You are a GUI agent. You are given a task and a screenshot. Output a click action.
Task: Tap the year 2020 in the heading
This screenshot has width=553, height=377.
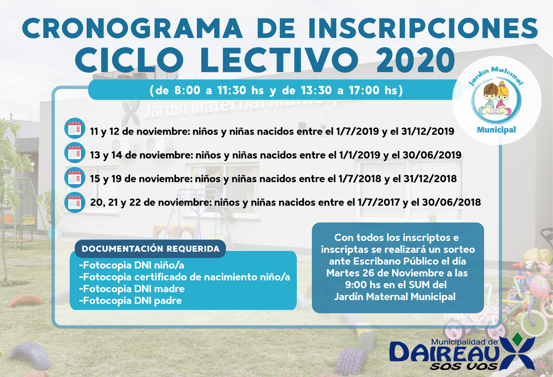[x=415, y=60]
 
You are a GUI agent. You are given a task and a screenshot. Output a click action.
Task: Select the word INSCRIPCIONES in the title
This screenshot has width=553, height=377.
[x=423, y=28]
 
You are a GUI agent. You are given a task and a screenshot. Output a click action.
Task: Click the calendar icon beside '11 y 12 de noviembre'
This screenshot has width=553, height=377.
[x=74, y=128]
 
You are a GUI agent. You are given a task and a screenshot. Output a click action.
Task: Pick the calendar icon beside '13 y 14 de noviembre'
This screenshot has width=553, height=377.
[x=74, y=153]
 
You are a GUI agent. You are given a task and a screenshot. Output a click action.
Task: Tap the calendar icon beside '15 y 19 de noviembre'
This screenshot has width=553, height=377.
[x=74, y=177]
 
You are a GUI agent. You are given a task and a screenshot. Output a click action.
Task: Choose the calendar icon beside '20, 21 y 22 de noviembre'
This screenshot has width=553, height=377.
[x=74, y=202]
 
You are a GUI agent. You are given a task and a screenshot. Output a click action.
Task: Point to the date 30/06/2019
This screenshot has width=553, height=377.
[x=432, y=155]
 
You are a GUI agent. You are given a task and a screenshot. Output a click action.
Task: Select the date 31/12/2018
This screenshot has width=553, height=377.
[x=430, y=179]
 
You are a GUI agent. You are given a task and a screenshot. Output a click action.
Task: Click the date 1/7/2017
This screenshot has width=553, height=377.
[x=379, y=202]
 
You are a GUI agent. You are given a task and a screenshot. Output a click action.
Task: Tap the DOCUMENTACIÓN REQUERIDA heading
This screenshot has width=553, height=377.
[x=150, y=249]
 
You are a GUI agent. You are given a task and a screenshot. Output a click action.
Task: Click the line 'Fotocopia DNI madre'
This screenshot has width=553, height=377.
[x=132, y=289]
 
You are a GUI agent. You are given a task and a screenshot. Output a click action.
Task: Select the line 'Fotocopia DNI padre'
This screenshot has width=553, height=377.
[x=131, y=301]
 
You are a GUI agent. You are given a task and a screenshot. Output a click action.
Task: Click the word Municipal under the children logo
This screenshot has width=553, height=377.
[x=497, y=130]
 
